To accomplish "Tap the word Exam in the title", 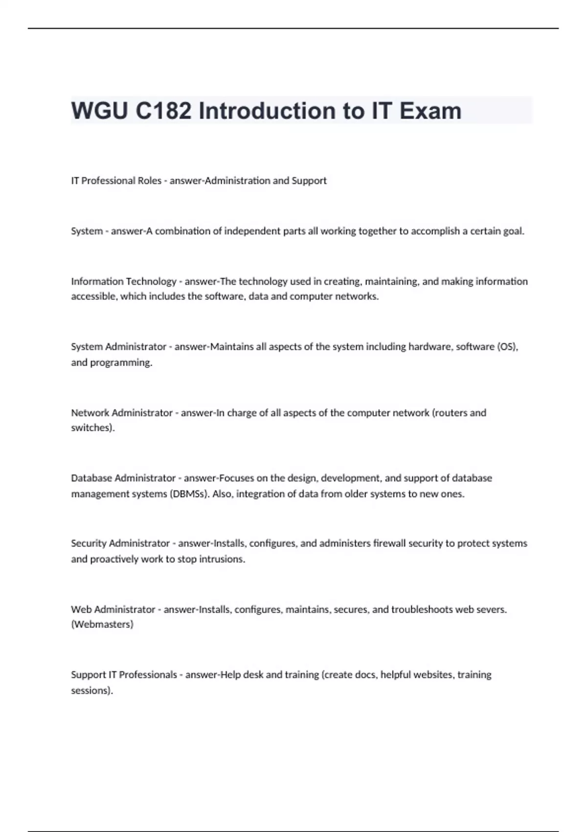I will [x=430, y=111].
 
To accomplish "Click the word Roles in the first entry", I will [x=149, y=181].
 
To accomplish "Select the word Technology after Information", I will [x=151, y=281].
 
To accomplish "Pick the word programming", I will [x=121, y=363].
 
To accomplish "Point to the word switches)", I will [x=93, y=428].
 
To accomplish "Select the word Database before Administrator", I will [x=91, y=478].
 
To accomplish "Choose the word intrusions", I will [x=222, y=559].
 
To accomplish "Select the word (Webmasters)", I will [x=102, y=624].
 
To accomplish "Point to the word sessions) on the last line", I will [x=92, y=691].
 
